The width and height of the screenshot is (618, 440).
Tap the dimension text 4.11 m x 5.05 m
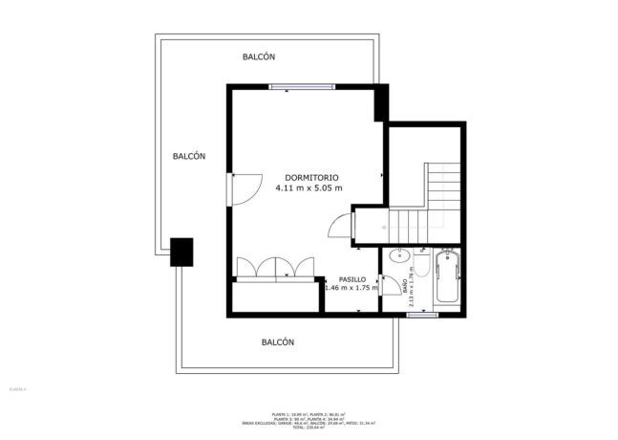[x=309, y=188]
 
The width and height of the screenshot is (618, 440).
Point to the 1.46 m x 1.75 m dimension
[x=351, y=288]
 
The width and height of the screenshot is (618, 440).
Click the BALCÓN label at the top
[x=258, y=57]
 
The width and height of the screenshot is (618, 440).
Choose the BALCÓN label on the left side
[x=189, y=156]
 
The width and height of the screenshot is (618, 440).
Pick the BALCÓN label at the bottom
[x=277, y=341]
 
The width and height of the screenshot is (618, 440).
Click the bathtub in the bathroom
[x=446, y=278]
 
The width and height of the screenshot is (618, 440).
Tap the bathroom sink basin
[x=399, y=256]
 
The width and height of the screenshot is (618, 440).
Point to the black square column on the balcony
[x=181, y=252]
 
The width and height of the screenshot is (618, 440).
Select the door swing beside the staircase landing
[x=341, y=227]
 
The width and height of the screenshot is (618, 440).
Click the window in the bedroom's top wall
[x=301, y=87]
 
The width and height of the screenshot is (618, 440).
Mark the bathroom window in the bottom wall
[x=421, y=314]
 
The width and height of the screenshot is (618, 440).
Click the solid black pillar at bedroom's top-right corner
[x=380, y=102]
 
